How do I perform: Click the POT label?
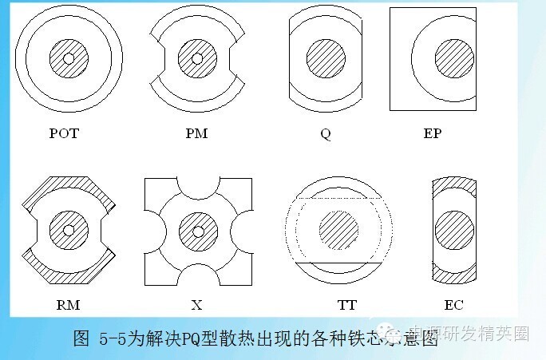(64, 133)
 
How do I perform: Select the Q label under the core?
(325, 134)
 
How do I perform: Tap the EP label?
(432, 133)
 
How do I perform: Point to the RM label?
(69, 304)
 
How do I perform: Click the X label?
(196, 304)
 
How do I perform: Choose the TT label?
(346, 304)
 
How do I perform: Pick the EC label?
(454, 304)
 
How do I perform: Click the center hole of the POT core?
(69, 58)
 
